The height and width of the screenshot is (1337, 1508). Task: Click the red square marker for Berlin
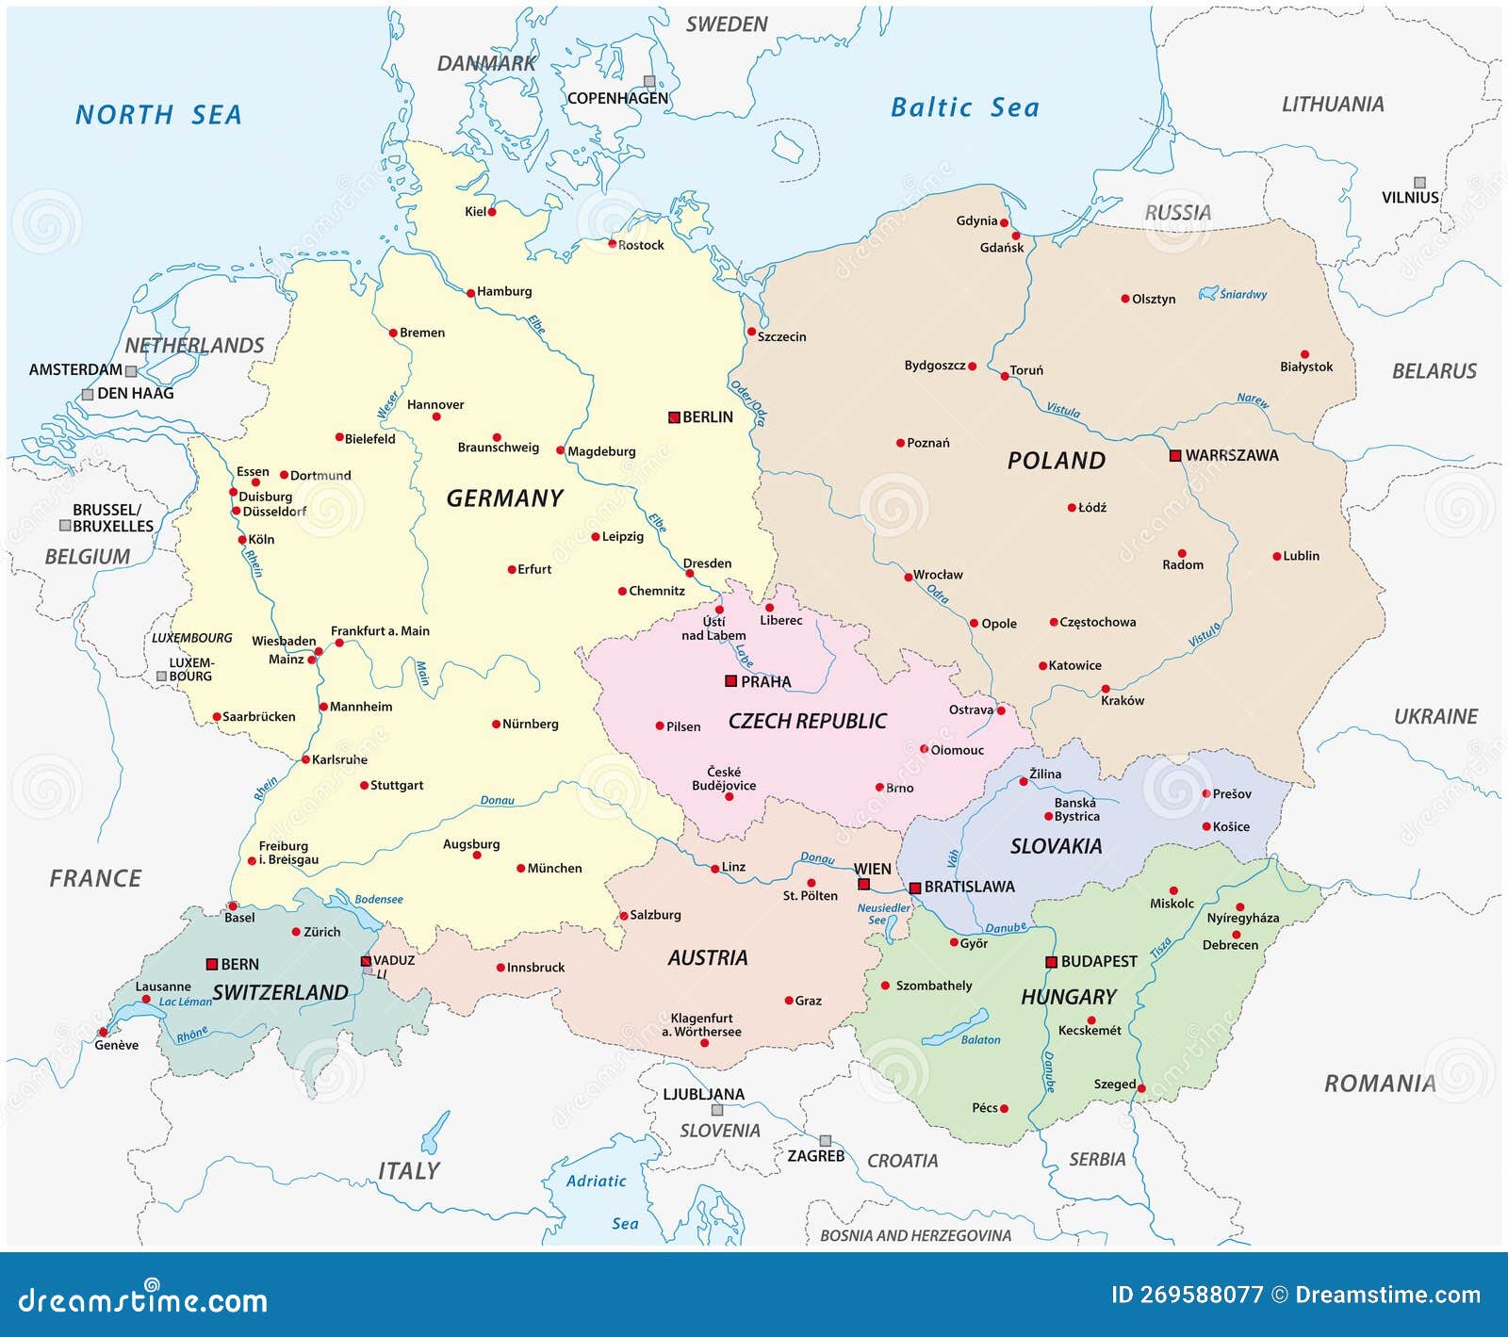click(x=674, y=417)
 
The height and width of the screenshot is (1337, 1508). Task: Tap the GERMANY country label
click(x=504, y=498)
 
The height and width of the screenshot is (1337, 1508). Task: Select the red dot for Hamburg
click(x=471, y=293)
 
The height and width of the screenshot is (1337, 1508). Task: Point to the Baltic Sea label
click(x=964, y=107)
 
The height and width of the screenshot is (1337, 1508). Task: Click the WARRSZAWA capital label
click(x=1231, y=455)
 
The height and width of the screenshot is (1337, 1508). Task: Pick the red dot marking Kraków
click(x=1106, y=689)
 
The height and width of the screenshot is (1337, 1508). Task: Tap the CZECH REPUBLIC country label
click(x=807, y=721)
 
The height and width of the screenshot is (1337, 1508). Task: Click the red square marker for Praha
click(x=730, y=680)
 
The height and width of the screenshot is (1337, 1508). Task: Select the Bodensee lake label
click(x=378, y=899)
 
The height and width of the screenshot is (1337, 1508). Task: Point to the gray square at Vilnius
click(x=1419, y=183)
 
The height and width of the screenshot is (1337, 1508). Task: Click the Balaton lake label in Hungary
click(x=980, y=1039)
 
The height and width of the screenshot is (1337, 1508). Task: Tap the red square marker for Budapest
click(x=1052, y=962)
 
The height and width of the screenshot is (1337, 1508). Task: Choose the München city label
click(x=554, y=868)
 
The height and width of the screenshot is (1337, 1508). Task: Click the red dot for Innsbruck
click(x=500, y=968)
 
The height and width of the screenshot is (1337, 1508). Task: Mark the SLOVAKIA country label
click(x=1056, y=846)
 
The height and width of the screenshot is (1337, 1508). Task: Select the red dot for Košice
click(x=1206, y=826)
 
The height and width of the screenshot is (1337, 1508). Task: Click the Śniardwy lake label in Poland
click(x=1242, y=294)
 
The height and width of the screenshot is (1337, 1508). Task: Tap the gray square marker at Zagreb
click(x=826, y=1140)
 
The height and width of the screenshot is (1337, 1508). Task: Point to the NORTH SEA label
click(x=158, y=115)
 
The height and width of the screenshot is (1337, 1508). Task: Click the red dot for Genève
click(x=102, y=1032)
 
